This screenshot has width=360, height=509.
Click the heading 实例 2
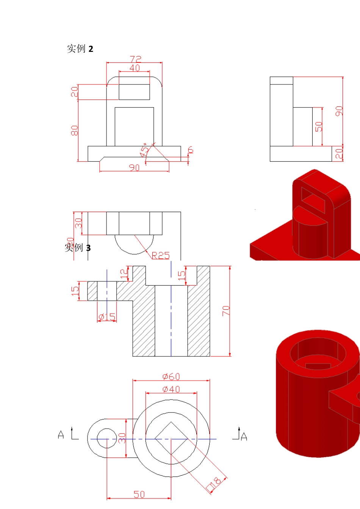point(80,49)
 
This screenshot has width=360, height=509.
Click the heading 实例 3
point(78,248)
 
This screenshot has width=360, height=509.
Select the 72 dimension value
point(135,59)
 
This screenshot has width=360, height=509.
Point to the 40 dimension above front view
point(135,68)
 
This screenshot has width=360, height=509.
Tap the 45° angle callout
point(145,150)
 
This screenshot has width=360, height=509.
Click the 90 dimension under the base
point(134,167)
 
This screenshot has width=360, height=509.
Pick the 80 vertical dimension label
point(74,131)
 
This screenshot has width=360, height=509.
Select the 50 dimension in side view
point(319,126)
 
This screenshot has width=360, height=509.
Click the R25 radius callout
point(161,256)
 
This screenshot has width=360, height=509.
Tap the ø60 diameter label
point(171,376)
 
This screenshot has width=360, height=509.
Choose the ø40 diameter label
point(171,389)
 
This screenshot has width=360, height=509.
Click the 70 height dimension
point(226,311)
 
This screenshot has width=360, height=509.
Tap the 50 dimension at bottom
point(139,494)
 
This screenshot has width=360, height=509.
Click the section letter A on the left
point(61,435)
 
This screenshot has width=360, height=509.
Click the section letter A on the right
point(244,437)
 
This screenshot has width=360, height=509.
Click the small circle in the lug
point(107,439)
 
